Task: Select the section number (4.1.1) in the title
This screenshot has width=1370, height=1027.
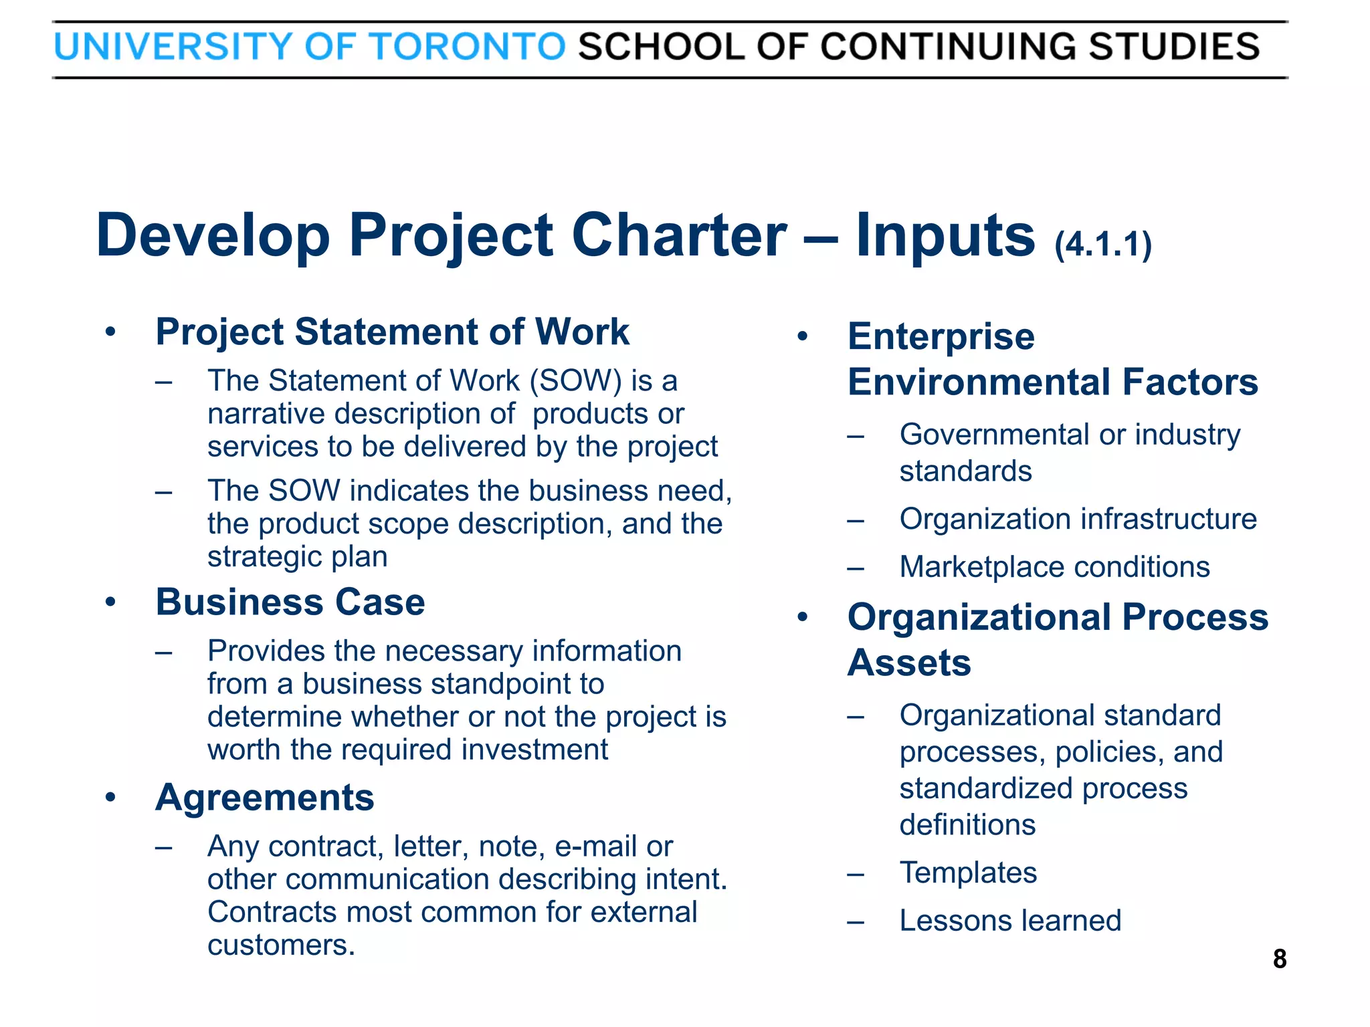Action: point(1103,245)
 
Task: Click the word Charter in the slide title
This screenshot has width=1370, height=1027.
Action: point(680,235)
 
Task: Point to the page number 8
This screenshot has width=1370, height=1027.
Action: point(1279,959)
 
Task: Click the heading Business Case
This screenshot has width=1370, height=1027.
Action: point(290,602)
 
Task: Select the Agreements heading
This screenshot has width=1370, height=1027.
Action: point(265,797)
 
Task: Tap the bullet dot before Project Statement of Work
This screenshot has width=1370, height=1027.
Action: point(111,332)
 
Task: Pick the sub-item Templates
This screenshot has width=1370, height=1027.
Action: point(968,873)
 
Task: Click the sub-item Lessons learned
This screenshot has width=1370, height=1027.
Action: point(1010,921)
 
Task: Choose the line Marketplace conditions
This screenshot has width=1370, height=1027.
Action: point(1054,567)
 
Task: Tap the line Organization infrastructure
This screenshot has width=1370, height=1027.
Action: point(1078,519)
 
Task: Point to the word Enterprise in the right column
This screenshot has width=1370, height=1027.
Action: point(941,336)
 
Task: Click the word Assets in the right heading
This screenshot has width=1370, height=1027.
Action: point(909,663)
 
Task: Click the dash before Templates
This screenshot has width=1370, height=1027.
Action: point(856,874)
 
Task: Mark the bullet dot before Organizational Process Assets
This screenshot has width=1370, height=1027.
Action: point(803,617)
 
